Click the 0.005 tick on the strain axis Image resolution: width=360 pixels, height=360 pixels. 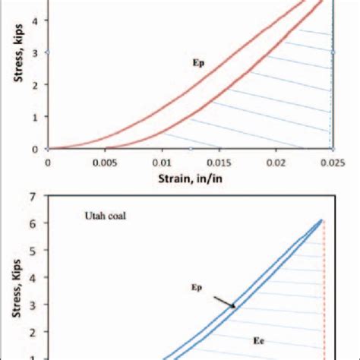pos(103,161)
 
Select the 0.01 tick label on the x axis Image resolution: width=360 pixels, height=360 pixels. pos(161,161)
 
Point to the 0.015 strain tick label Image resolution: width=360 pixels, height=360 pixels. pos(218,161)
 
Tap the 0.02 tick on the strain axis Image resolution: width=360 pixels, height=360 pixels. pos(276,161)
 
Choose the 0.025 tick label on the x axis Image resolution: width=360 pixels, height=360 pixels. pos(332,161)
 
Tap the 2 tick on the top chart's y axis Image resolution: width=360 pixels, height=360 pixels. pos(35,84)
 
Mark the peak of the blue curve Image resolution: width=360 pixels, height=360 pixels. pos(321,219)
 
